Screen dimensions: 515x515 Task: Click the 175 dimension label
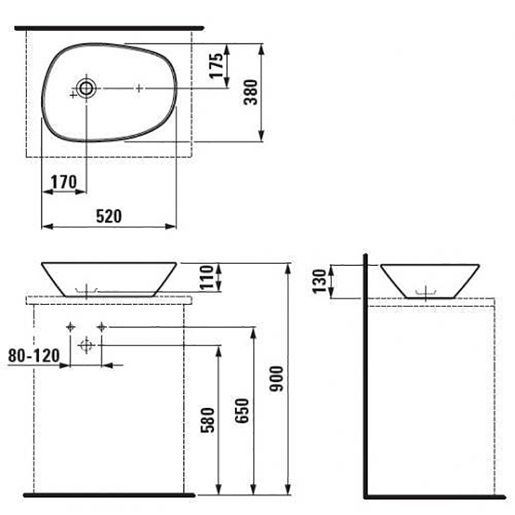[x=216, y=66]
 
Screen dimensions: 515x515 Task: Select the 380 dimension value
[x=251, y=92]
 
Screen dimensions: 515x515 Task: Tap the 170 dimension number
[x=64, y=182]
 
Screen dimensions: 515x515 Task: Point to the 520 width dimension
[x=109, y=216]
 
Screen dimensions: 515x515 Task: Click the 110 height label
[x=207, y=277]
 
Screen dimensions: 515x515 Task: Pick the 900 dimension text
[x=276, y=379]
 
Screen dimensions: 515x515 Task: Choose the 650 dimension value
[x=242, y=411]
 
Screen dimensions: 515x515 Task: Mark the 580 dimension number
[x=207, y=420]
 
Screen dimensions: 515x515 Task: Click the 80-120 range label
[x=34, y=356]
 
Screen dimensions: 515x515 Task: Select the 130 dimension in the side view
[x=319, y=281]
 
